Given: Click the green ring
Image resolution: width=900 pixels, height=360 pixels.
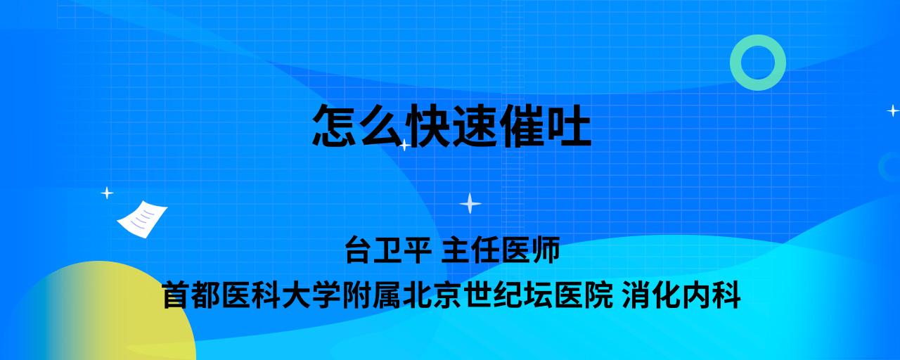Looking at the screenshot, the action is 736,63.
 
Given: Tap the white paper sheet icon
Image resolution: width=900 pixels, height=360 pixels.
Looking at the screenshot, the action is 142,219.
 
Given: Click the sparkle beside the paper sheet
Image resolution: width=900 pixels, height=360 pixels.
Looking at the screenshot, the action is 107,193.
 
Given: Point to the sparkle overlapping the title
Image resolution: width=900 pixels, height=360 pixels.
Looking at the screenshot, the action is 404,145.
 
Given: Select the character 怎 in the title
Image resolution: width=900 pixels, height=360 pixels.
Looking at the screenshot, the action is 335,125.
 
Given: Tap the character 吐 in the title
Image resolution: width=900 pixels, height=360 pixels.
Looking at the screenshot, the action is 569,125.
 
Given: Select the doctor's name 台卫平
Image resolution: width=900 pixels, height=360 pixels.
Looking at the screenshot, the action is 388,250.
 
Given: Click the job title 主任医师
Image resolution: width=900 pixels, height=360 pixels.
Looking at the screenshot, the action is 501,250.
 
